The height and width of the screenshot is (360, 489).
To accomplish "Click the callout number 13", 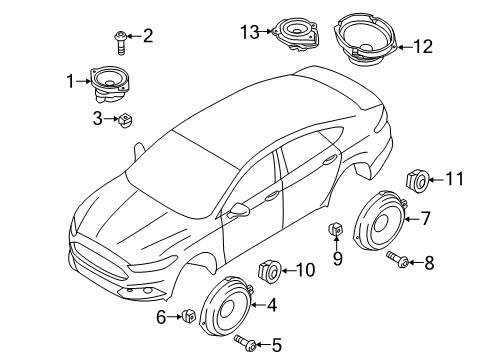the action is [x=250, y=33].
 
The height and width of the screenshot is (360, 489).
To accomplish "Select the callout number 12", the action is [x=423, y=46].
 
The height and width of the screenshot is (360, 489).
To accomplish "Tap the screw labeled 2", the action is [x=120, y=42].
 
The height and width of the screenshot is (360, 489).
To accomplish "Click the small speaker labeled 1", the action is [x=109, y=85].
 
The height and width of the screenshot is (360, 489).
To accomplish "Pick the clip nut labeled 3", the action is [x=125, y=120].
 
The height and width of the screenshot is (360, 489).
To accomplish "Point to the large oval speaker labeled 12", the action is [x=364, y=39].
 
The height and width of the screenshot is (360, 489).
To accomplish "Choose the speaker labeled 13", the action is [x=295, y=35].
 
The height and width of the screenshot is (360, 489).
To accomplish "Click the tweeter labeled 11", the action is [x=417, y=181].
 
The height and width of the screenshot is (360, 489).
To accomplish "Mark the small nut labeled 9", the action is [x=336, y=228].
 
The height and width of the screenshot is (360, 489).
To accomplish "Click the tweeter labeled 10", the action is [x=270, y=271].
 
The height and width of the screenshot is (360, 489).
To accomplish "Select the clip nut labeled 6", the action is [x=188, y=315].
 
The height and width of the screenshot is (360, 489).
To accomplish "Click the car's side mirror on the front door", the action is [x=239, y=209].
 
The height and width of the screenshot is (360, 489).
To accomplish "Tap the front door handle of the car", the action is [x=272, y=196].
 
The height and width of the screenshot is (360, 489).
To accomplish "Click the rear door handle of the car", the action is [x=330, y=160].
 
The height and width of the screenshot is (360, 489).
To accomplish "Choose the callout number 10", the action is [x=305, y=270].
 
